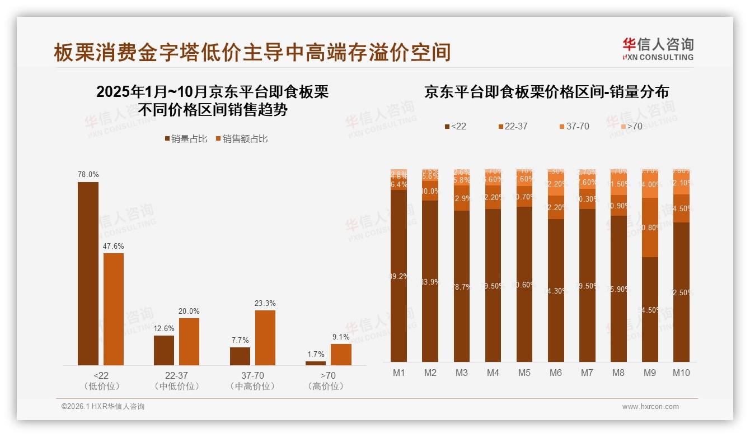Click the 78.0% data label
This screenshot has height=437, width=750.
88,175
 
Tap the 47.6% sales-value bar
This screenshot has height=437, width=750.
114,309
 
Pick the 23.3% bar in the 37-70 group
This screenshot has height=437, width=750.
265,338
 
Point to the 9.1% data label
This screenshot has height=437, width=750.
340,337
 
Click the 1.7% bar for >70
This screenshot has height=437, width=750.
316,363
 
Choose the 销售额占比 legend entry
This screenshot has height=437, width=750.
241,139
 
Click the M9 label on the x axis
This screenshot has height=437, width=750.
650,373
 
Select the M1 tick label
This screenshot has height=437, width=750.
399,373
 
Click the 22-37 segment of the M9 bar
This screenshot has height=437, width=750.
650,227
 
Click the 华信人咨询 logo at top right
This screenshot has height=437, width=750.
658,49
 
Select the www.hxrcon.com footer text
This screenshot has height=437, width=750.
650,407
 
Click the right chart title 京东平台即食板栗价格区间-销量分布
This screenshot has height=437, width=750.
546,92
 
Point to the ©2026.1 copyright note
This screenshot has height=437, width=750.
103,407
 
